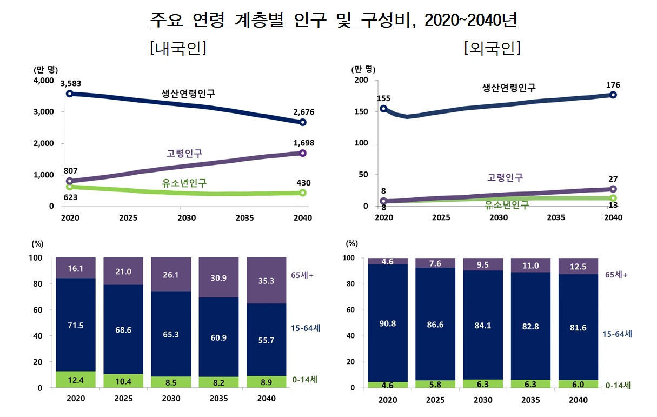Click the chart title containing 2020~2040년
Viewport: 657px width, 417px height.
[334, 20]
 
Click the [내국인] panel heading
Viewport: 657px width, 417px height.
[178, 48]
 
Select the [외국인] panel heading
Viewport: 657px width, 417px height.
[492, 48]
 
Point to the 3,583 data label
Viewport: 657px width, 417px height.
[71, 83]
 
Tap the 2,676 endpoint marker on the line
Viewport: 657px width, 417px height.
[303, 122]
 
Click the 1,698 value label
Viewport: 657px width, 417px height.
[303, 143]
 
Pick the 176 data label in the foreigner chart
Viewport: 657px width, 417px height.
[613, 85]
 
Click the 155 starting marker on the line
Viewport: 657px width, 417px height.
[383, 109]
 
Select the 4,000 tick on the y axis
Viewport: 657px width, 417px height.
[44, 81]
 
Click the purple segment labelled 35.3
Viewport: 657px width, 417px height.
[266, 281]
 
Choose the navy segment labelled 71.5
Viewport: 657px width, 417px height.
[76, 325]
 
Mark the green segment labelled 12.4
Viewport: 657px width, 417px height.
[76, 380]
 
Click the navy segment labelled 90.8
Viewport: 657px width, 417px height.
[388, 323]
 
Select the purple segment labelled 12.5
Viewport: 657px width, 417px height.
[579, 266]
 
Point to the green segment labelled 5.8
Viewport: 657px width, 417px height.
[435, 383]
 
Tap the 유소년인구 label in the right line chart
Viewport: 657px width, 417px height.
[507, 204]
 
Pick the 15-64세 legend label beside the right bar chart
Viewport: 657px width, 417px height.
[617, 334]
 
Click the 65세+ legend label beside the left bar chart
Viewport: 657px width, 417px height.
[303, 275]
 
